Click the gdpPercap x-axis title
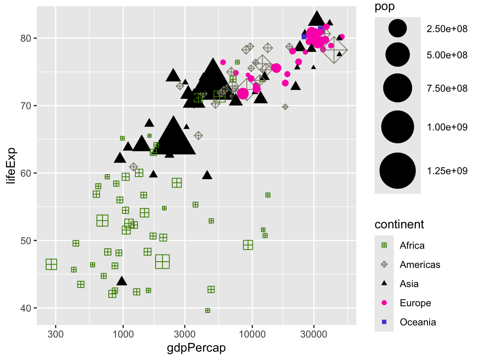(196, 348)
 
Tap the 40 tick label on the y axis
(27, 308)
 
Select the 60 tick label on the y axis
(27, 173)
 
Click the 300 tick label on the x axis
(55, 334)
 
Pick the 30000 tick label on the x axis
(314, 334)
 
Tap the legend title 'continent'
(399, 225)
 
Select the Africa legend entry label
(412, 245)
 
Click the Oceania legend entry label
(417, 322)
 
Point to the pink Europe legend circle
(384, 303)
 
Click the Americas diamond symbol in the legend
(384, 265)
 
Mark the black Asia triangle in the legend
(384, 284)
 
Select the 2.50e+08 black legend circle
(397, 29)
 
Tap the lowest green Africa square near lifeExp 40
(207, 310)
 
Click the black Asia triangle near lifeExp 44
(122, 281)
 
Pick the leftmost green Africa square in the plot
(51, 264)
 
